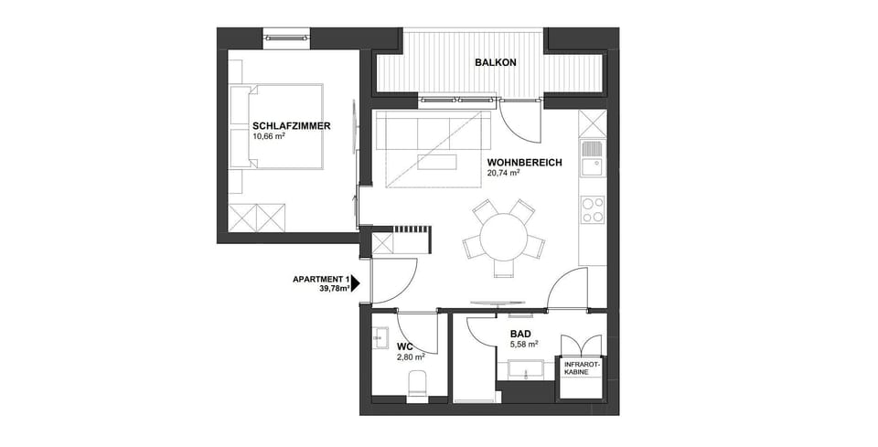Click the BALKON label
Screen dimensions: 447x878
(496, 63)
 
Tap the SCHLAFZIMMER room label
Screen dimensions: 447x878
(292, 126)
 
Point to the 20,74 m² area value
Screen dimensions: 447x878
(504, 173)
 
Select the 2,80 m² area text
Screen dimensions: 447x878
(412, 357)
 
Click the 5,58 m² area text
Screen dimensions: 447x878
(523, 345)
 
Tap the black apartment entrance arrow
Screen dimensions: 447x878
(356, 283)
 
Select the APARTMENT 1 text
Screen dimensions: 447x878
(321, 279)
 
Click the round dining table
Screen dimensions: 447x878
(503, 237)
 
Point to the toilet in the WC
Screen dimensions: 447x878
(417, 385)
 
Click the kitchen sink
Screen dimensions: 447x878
(592, 156)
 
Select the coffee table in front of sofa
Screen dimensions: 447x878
(436, 163)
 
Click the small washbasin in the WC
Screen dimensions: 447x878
(380, 337)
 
